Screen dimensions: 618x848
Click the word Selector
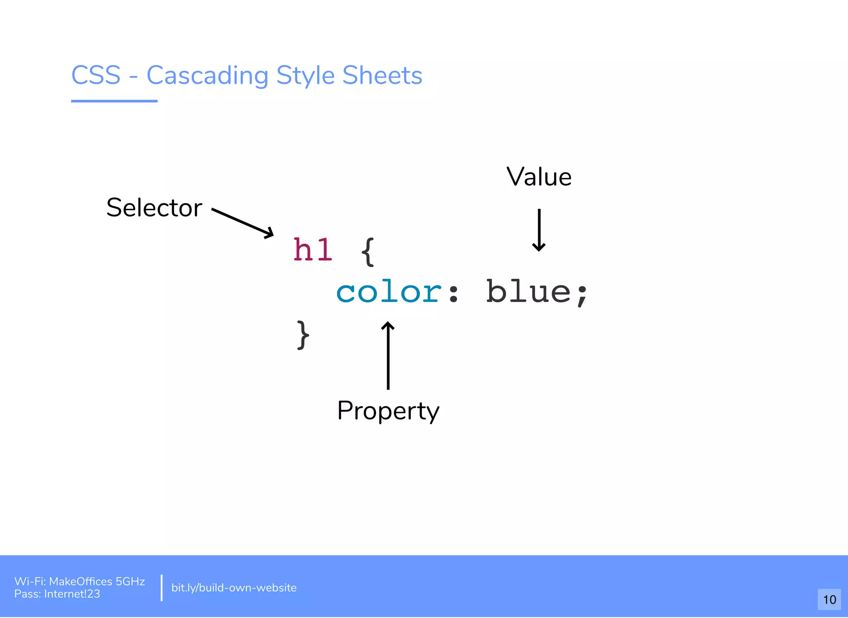pos(154,208)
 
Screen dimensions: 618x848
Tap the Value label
pos(539,177)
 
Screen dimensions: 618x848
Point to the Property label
pos(388,411)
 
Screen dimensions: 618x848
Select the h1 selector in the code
pos(313,250)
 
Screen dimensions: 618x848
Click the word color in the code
pos(389,292)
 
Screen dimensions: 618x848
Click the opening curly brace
pos(368,252)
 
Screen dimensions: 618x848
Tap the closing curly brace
pos(303,335)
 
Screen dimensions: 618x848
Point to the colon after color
pos(453,293)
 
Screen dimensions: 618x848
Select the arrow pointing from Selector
pos(243,223)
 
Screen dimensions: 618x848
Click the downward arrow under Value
pos(539,230)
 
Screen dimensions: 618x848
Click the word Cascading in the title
pos(207,75)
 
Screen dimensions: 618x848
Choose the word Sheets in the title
pos(382,75)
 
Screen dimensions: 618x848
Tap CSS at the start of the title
pos(96,75)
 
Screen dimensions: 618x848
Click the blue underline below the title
pos(114,101)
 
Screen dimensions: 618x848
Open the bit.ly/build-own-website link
pos(234,588)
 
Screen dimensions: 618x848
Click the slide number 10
pos(829,599)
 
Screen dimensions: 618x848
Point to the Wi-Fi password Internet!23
pos(72,594)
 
